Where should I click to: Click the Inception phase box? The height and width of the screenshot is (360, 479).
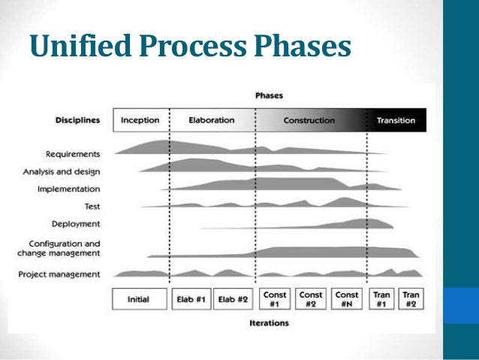tap(140, 120)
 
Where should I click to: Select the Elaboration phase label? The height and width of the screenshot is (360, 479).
tap(211, 120)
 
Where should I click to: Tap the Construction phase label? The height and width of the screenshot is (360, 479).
tap(309, 120)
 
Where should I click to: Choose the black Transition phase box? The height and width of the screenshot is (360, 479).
tap(396, 120)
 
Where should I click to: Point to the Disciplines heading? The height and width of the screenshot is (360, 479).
tap(77, 120)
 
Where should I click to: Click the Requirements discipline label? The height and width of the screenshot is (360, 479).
tap(73, 154)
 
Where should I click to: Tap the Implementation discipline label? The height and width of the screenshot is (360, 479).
tap(69, 189)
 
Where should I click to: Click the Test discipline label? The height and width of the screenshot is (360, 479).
tap(92, 205)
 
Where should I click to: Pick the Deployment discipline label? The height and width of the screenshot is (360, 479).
tap(76, 223)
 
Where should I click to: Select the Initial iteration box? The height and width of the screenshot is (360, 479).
tap(139, 299)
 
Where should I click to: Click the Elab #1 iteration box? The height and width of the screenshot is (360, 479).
tap(191, 299)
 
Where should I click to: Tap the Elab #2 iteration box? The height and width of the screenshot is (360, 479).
tap(233, 299)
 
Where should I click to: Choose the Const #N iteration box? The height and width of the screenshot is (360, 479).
tap(347, 299)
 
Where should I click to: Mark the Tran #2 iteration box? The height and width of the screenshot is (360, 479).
tap(410, 299)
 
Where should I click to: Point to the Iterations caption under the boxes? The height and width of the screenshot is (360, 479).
tap(268, 323)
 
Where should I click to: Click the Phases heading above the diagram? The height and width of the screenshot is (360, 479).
tap(269, 96)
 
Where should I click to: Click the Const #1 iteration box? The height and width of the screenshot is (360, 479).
tap(274, 299)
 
